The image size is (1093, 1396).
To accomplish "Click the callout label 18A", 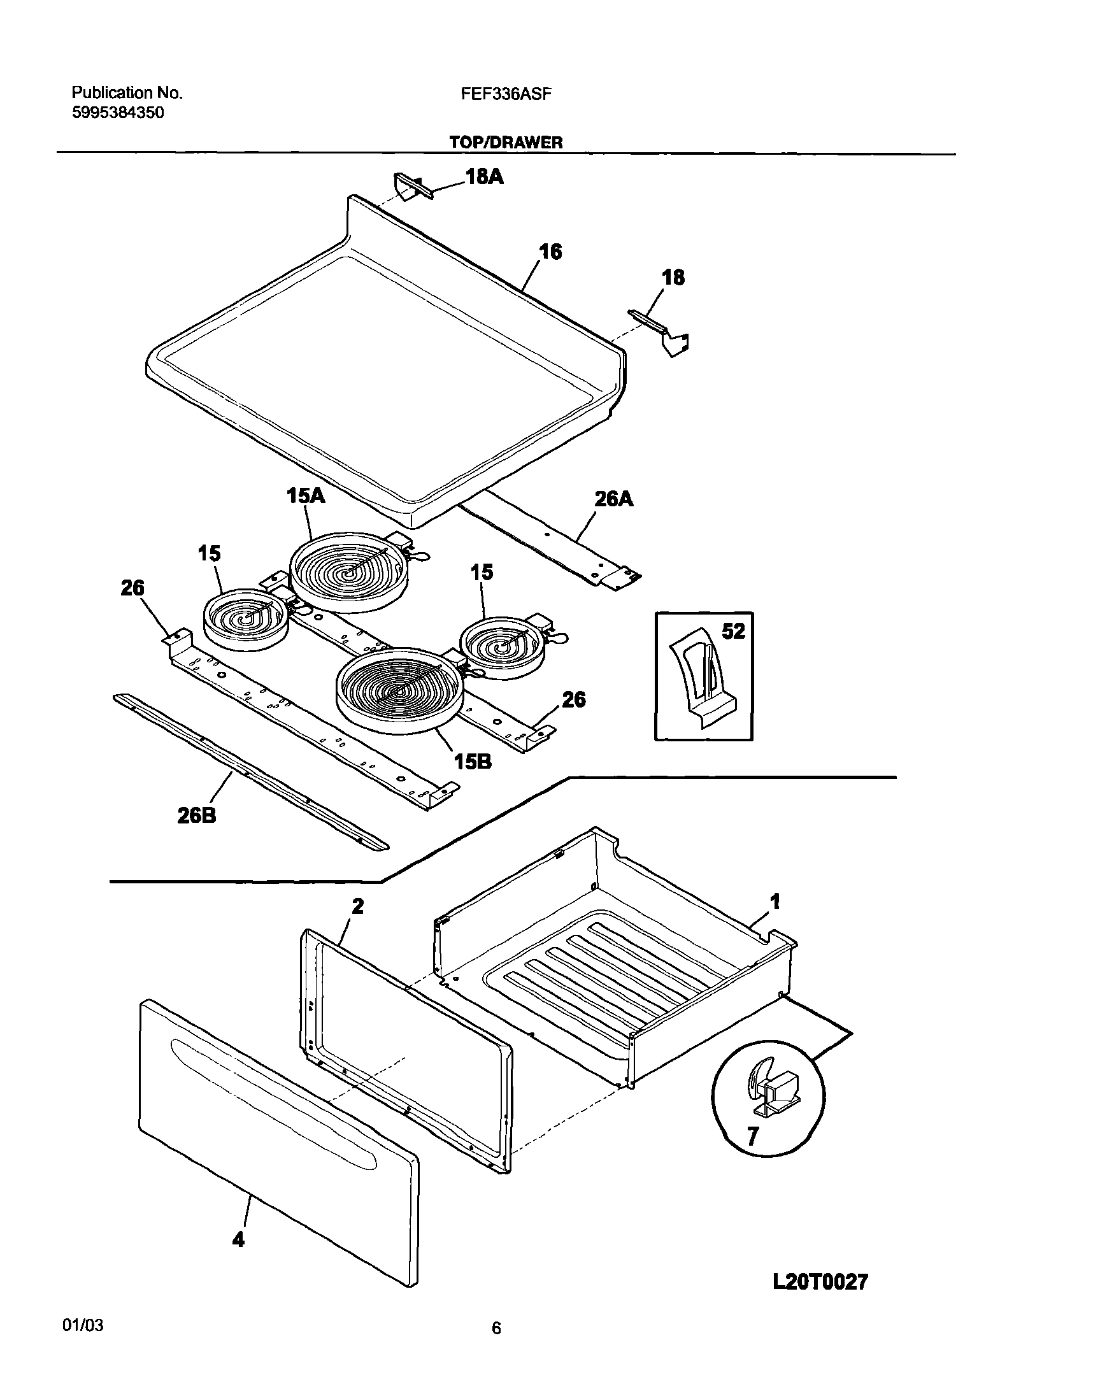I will click(484, 176).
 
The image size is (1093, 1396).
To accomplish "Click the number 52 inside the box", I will click(733, 632).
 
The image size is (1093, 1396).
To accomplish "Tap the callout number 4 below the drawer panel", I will click(238, 1240).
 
